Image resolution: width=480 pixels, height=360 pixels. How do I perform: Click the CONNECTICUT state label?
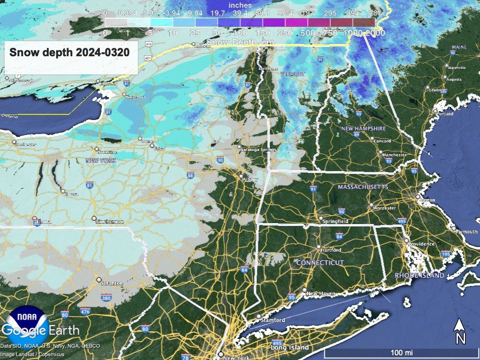pyautogui.click(x=320, y=263)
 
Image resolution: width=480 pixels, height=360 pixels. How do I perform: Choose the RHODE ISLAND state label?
pyautogui.click(x=420, y=276)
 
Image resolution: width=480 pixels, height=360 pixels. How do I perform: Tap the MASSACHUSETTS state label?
pyautogui.click(x=363, y=187)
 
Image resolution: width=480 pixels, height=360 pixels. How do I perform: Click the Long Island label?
pyautogui.click(x=290, y=348)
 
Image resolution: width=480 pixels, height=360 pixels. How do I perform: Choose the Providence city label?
pyautogui.click(x=421, y=244)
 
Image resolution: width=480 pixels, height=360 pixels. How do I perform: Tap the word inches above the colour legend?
pyautogui.click(x=240, y=5)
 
